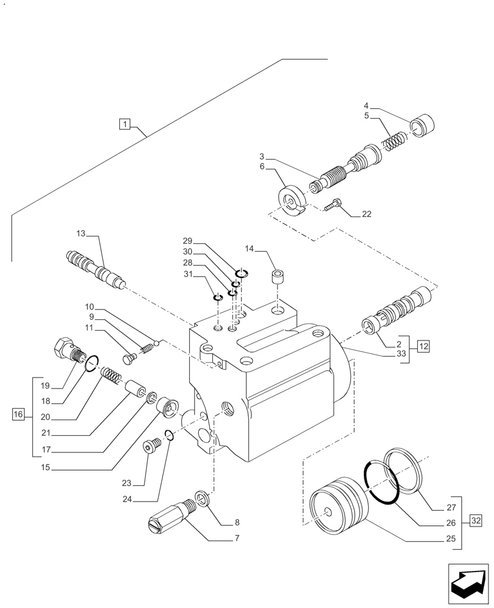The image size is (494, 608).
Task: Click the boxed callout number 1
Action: (124, 125)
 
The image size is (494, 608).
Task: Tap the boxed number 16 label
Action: (18, 415)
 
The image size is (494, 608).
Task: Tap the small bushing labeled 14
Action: (278, 279)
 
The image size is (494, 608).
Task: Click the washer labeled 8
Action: (202, 497)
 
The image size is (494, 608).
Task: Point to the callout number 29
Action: (187, 241)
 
